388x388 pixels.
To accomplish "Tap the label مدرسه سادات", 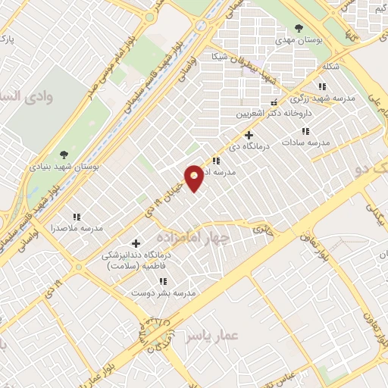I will pos(306,142).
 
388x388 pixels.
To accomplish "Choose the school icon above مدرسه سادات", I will pos(306,131).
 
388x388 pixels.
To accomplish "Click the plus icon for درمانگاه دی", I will pos(248,135).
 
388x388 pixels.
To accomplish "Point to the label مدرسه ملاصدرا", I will pos(76,227).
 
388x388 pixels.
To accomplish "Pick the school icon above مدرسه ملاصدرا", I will pos(76,216).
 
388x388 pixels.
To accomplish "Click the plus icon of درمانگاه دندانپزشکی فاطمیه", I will pos(136,243).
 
